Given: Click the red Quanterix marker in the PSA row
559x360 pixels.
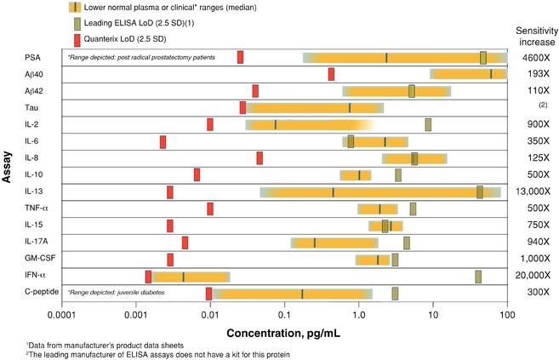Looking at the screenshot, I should [x=240, y=57].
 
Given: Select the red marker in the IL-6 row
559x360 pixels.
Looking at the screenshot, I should [x=163, y=141].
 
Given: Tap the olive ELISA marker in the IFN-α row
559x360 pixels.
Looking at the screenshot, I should [x=478, y=276].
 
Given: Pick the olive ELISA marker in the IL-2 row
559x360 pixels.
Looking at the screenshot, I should [x=429, y=124].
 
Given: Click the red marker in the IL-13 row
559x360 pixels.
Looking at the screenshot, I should [x=170, y=191].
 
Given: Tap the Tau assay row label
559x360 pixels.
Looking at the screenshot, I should [x=33, y=108].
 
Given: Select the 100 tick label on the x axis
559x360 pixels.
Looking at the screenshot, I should [x=507, y=315].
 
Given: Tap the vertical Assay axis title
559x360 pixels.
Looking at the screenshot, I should [x=8, y=174].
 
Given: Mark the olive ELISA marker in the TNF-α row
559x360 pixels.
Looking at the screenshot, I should [x=413, y=209].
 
